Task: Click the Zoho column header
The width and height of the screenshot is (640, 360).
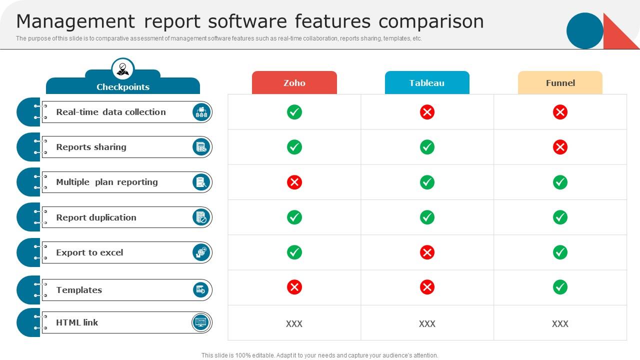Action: coord(294,82)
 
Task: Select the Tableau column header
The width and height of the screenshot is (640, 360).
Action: coord(427,82)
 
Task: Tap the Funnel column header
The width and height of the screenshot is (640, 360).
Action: coord(560,82)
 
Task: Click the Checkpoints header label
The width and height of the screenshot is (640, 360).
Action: coord(123,87)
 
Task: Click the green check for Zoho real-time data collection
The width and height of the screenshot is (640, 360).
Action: coord(294,112)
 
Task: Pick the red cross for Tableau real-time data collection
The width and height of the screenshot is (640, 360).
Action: coord(427,112)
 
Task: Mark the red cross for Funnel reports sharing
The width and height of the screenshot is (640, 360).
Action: coord(560,147)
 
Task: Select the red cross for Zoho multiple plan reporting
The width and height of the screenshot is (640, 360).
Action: coord(294,182)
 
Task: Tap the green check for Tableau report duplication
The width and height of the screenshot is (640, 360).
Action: coord(427,217)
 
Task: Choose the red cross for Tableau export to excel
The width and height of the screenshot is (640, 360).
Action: coord(427,252)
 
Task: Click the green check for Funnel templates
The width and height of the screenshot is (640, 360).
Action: coord(560,287)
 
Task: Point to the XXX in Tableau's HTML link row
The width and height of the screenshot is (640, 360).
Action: coord(427,323)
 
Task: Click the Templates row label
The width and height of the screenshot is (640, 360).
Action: coord(79,290)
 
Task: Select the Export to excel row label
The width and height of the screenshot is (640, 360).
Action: coord(89,252)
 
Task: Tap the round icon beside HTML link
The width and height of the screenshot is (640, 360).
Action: coord(200,322)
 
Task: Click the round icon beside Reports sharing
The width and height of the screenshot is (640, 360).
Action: coord(201,147)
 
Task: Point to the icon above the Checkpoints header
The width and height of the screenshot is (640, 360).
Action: coord(123,69)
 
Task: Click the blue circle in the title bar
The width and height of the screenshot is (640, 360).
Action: coord(585,30)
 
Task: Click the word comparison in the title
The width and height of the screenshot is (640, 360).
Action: coord(431,22)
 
